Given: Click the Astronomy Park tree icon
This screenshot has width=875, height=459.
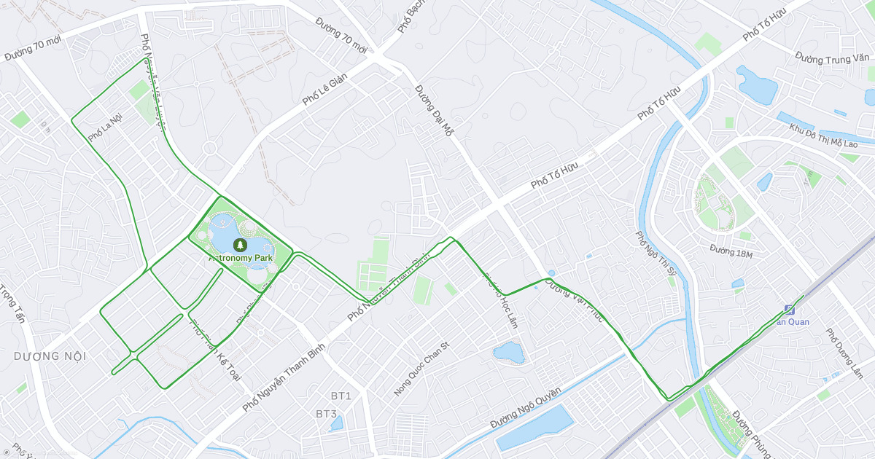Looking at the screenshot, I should tap(239, 245).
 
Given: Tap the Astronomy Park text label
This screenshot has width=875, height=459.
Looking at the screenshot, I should tap(241, 258).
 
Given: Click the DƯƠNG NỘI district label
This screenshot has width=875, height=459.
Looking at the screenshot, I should tap(50, 356).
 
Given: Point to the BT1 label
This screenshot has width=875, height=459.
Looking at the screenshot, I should tap(341, 396).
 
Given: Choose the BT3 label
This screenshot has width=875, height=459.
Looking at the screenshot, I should tap(326, 414).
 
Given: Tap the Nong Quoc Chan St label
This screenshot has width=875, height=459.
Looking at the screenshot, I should tap(422, 369).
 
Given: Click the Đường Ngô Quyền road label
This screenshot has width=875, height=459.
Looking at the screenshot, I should tap(525, 409).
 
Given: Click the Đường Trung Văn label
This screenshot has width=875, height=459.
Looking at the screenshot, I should tap(832, 56).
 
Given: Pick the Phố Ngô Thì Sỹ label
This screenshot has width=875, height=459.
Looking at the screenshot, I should tap(653, 258).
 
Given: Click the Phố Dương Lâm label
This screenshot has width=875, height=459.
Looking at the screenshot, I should tap(844, 353).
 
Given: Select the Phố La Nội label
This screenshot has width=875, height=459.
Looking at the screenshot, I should tap(105, 127).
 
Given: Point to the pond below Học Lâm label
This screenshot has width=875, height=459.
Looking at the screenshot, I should tap(508, 353).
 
